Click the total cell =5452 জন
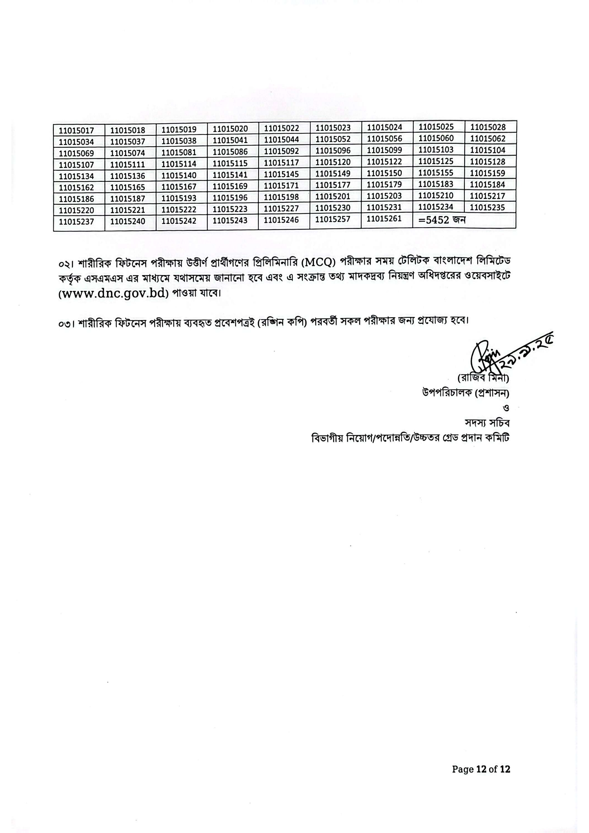[442, 220]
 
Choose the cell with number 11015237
[76, 222]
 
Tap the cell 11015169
[230, 186]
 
